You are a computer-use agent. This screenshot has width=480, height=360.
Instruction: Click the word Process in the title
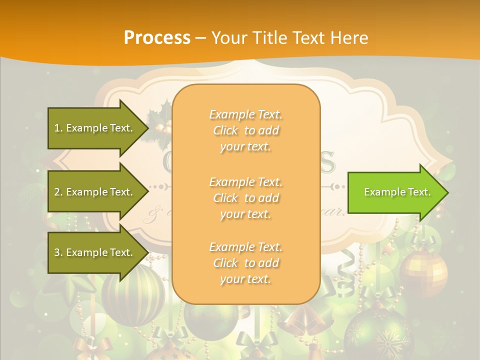pos(157,37)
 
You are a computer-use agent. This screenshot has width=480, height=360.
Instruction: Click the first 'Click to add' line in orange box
pos(246,130)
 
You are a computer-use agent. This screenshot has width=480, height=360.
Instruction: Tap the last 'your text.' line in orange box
pos(245,279)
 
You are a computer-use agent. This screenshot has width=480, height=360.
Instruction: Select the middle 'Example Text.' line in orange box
pos(246,181)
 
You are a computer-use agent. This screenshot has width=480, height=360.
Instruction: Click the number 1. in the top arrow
pos(58,128)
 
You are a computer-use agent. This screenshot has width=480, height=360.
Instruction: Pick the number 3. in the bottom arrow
pos(58,252)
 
